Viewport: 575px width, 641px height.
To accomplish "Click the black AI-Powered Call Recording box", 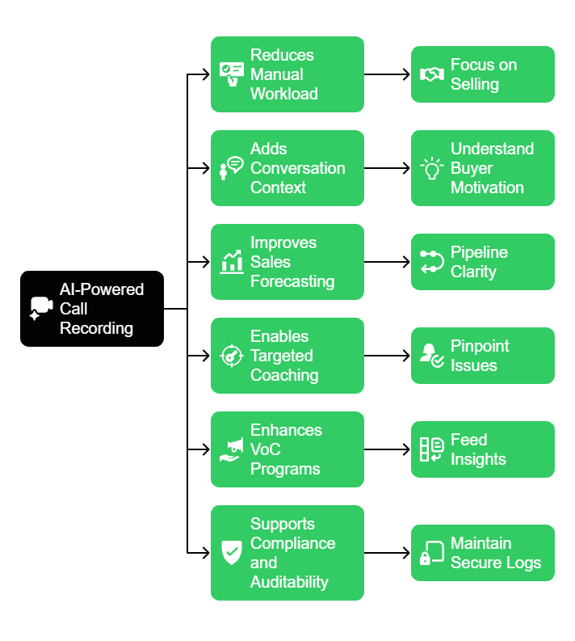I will (92, 309).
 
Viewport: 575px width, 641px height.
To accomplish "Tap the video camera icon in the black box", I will (41, 309).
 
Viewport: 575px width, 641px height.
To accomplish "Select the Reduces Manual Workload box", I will (287, 74).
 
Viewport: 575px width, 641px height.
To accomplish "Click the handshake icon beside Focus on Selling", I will (432, 74).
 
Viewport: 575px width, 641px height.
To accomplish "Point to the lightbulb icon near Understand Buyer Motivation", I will (432, 168).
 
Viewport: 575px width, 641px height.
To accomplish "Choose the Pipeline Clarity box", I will (482, 262).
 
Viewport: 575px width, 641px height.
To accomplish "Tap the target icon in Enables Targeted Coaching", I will (232, 356).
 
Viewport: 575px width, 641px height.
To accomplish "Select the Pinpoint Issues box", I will (482, 356).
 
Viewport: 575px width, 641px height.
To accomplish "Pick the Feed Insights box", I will (482, 449).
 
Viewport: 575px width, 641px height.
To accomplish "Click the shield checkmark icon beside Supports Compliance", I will (232, 553).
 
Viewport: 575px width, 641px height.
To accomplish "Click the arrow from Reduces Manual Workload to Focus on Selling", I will (387, 74).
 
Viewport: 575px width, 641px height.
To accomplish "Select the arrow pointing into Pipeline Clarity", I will (387, 262).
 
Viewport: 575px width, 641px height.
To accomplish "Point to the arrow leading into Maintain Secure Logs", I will (387, 553).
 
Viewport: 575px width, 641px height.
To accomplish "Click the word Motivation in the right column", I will (487, 188).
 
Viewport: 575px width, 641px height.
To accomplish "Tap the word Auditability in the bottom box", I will (289, 582).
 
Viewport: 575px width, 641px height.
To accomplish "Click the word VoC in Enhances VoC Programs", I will (266, 449).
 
